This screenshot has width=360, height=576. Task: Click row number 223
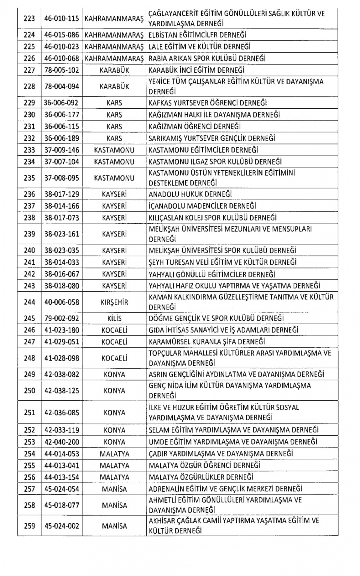pos(29,18)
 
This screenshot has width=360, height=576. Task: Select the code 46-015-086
pos(61,35)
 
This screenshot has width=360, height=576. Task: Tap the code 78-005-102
pos(61,70)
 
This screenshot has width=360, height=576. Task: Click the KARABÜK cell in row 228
pos(114,87)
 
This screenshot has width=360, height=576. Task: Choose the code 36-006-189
pos(61,138)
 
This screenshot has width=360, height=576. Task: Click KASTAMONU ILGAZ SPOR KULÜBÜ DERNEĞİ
pos(215,162)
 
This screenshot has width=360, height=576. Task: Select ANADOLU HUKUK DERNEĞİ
pos(190,194)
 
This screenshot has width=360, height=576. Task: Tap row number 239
pos(29,234)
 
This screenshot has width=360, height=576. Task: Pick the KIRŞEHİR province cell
pos(114,302)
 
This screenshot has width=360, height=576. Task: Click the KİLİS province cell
pos(114,319)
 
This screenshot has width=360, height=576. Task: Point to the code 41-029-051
pos(61,342)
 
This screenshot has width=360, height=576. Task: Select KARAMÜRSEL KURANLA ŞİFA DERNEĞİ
pos(207,342)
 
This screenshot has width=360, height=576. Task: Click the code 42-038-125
pos(61,390)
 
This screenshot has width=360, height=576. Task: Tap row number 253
pos(29,442)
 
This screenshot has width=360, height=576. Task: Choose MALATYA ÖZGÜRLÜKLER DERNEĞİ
pos(201,477)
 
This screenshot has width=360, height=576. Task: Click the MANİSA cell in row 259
pos(114,526)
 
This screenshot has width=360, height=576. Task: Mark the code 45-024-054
pos(61,489)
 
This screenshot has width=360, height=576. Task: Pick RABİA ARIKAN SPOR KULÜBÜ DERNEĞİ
pos(207,58)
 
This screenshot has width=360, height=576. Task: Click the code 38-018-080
pos(61,286)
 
